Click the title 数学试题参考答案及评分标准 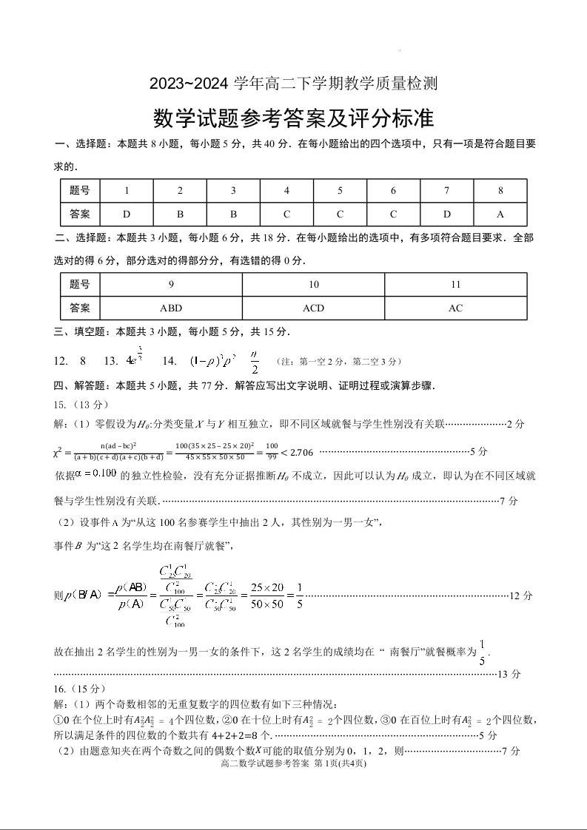(x=293, y=117)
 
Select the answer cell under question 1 (x=127, y=214)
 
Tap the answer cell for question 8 (x=500, y=214)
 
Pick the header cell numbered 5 (x=340, y=190)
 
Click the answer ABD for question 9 (x=171, y=308)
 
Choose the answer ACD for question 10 (x=313, y=308)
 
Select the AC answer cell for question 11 (x=455, y=308)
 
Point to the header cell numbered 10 (x=313, y=284)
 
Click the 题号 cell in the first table (x=80, y=190)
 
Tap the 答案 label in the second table (x=80, y=308)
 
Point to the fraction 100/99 (x=272, y=451)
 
